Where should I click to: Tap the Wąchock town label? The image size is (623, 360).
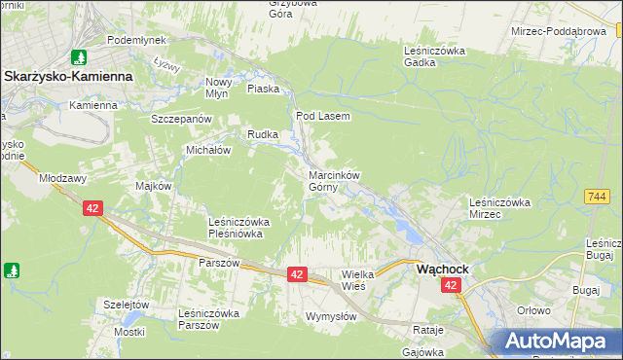pos(443,269)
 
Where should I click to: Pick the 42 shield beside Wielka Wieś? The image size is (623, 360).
pos(298,275)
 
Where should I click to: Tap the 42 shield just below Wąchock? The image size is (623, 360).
pos(450,285)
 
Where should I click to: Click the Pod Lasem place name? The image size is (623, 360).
pos(322,115)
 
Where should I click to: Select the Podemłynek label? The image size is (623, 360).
pos(137,40)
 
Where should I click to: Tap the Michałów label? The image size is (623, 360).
pos(207,151)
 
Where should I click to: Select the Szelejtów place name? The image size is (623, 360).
pos(127,305)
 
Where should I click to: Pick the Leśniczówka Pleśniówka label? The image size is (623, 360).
pos(238,228)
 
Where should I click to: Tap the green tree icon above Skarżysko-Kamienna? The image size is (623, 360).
pos(79,58)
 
